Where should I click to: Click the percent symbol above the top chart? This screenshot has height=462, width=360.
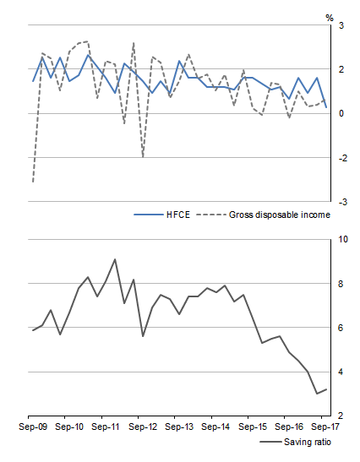click(330, 15)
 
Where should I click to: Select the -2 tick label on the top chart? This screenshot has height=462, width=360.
click(338, 158)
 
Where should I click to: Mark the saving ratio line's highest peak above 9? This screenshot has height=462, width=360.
click(115, 259)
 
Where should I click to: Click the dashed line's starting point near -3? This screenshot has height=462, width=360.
click(32, 182)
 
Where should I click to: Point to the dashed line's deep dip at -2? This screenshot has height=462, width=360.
click(143, 157)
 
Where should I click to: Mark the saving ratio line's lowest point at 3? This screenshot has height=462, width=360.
click(317, 394)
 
